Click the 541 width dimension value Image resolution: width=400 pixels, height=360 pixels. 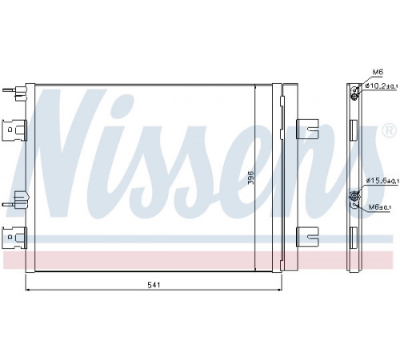point(154,285)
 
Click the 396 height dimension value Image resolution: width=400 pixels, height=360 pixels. point(250,178)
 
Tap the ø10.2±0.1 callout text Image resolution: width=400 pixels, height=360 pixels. point(382,86)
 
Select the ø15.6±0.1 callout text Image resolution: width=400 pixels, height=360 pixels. point(382,181)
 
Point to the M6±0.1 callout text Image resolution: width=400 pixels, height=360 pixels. point(380,206)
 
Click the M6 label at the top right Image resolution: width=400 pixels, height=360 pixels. point(378,72)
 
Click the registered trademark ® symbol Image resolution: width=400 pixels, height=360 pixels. point(390,130)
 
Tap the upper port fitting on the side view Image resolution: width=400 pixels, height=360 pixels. point(354,94)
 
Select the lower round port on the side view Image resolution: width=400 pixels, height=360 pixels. point(354,197)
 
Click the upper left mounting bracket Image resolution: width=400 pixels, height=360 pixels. point(14,130)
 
